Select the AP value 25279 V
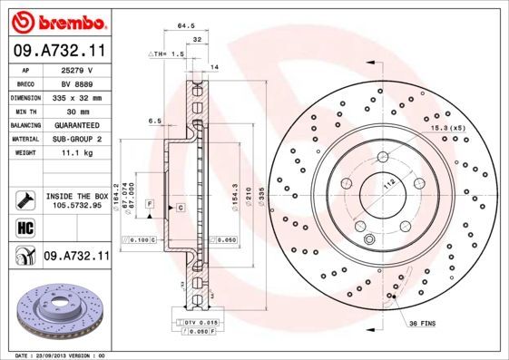76,70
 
